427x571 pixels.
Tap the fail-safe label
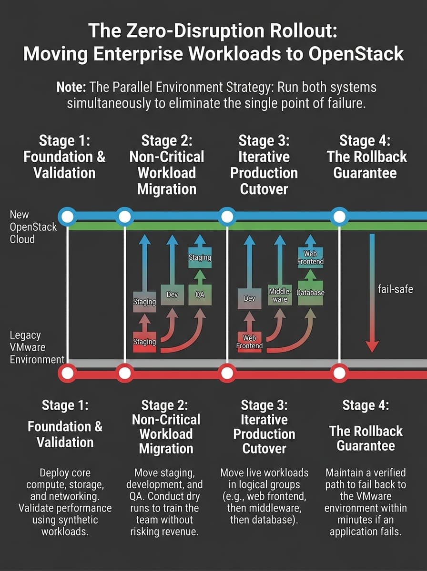click(396, 289)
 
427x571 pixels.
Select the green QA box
click(200, 294)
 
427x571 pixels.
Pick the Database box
click(310, 293)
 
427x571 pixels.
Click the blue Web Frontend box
click(310, 257)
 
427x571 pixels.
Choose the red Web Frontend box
click(249, 342)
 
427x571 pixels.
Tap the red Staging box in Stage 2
click(144, 342)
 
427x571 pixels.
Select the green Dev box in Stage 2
click(172, 295)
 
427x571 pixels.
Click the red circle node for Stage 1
click(68, 373)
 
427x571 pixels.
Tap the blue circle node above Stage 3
click(227, 217)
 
